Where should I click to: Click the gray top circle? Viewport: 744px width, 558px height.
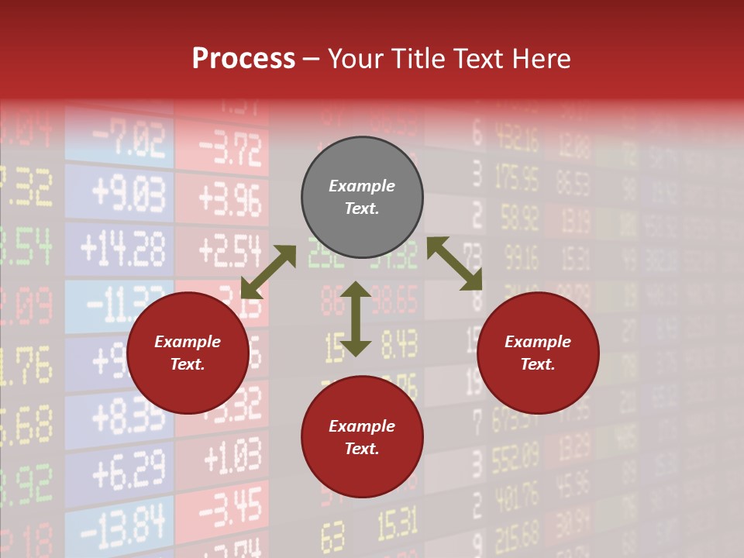click(362, 198)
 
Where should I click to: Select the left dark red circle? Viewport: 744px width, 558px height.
click(188, 353)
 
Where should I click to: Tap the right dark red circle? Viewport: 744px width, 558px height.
click(538, 353)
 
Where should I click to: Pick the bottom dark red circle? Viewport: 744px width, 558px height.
click(362, 437)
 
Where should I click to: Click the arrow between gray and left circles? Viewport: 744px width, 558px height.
click(268, 272)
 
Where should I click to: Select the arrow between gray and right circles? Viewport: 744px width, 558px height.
click(455, 263)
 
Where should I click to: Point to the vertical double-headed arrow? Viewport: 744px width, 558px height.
click(356, 319)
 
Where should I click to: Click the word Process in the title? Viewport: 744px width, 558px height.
click(243, 59)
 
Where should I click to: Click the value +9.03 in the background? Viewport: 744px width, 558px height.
click(128, 195)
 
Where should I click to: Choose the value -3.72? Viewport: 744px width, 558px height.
click(230, 149)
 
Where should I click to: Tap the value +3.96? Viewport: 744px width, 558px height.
click(230, 199)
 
